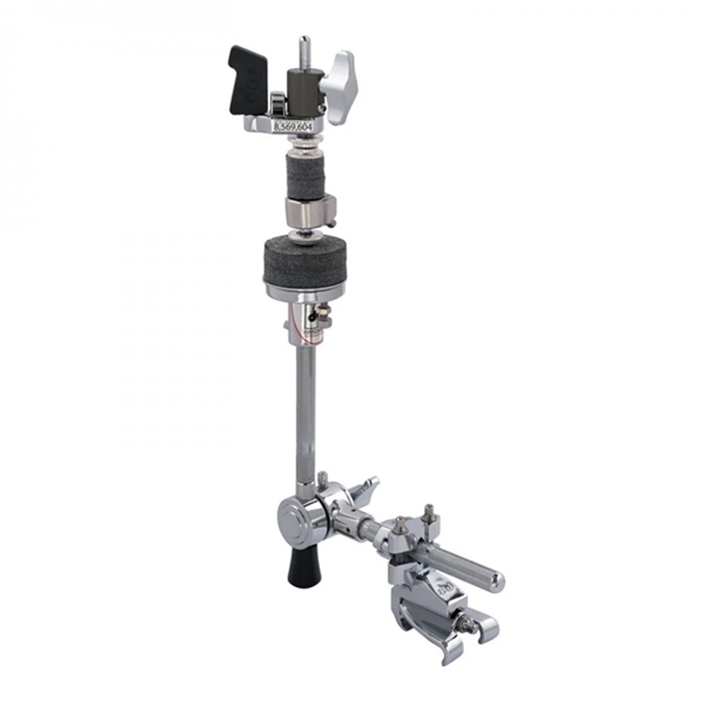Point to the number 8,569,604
coord(293,128)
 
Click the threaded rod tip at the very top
coord(304,46)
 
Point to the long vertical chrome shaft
coord(304,405)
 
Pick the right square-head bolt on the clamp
coord(429,514)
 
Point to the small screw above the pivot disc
coord(323,479)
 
